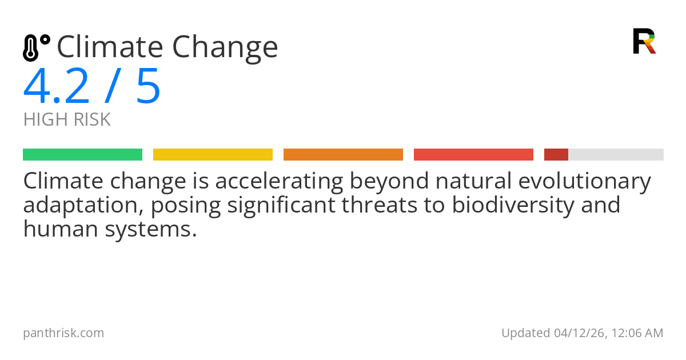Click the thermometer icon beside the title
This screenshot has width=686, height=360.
[36, 48]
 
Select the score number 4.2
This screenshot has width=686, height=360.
[57, 86]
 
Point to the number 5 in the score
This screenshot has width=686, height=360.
[148, 86]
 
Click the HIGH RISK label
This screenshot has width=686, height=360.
[67, 119]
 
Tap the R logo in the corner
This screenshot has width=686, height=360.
[644, 41]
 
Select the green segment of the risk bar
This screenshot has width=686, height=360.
[82, 155]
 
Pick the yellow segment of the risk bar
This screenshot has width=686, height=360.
[213, 155]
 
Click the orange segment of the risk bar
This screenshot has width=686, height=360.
[343, 155]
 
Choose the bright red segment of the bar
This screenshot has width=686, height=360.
[473, 155]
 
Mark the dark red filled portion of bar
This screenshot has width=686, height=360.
[556, 155]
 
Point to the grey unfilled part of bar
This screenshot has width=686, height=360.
[616, 155]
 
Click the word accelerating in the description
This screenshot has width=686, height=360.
[279, 181]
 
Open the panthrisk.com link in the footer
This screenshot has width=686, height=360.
[63, 333]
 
